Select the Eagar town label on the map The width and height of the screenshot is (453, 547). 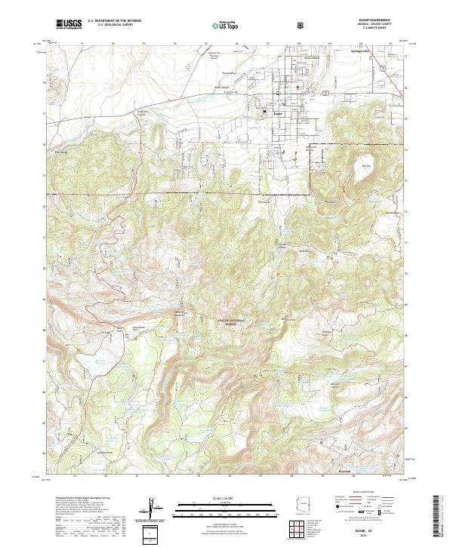(x=277, y=113)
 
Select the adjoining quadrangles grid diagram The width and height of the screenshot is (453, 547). (x=300, y=530)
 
